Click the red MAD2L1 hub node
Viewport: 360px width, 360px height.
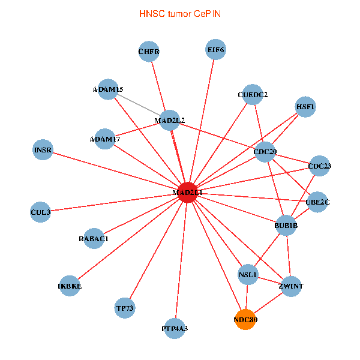click(x=188, y=193)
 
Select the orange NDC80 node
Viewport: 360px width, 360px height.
click(x=245, y=320)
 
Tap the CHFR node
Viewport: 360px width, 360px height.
click(x=149, y=52)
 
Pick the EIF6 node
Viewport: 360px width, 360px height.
click(x=215, y=50)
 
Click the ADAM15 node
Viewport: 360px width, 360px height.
click(x=108, y=89)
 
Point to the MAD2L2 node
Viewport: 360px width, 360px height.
click(x=170, y=121)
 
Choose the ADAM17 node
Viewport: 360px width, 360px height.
click(x=105, y=139)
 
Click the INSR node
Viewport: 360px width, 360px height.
click(x=43, y=149)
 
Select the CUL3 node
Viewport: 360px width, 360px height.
click(x=40, y=212)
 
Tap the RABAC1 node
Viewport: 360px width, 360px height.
click(x=94, y=238)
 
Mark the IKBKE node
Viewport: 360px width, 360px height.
click(x=70, y=286)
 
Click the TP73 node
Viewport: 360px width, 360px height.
click(x=125, y=308)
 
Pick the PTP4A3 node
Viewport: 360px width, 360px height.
click(x=175, y=328)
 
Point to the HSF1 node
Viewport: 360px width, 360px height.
click(x=305, y=107)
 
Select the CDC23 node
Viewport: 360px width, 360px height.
click(x=319, y=166)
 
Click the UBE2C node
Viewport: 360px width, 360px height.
click(x=317, y=202)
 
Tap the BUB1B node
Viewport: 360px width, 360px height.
click(x=286, y=226)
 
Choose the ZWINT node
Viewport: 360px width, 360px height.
click(x=291, y=286)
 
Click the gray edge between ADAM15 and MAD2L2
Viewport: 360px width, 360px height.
click(x=139, y=105)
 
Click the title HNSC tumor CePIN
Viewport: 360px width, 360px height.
click(x=180, y=13)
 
